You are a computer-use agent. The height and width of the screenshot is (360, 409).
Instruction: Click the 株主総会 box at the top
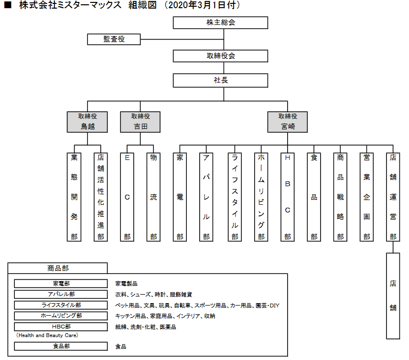point(220,22)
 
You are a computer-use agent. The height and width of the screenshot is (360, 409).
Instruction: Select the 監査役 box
point(114,40)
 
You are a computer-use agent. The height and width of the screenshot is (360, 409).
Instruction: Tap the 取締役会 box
point(220,56)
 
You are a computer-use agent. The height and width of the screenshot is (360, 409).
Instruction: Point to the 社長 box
point(220,80)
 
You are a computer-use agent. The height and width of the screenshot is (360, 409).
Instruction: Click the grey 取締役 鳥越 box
point(87,122)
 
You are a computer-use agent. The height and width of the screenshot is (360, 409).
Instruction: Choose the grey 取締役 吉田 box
point(140,122)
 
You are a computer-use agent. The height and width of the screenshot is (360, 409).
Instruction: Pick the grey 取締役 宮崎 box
point(287,122)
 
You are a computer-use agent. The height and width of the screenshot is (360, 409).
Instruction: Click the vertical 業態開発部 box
point(74,197)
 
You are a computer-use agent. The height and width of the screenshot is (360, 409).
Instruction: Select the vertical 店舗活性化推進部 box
point(100,197)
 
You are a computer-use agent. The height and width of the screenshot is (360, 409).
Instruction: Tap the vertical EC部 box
point(127,197)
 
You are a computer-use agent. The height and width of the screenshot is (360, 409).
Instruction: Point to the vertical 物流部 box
point(153,197)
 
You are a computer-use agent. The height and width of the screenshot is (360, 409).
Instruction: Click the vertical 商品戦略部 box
point(340,197)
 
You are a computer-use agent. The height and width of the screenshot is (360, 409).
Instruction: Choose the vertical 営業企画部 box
point(366,197)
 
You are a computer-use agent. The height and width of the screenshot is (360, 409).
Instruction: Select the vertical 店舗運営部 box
point(393,197)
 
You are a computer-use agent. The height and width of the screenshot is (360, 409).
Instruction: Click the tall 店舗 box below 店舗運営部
point(393,296)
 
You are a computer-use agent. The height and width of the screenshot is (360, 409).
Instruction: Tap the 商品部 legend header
point(58,268)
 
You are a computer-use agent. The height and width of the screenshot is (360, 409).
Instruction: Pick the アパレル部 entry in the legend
point(61,294)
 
